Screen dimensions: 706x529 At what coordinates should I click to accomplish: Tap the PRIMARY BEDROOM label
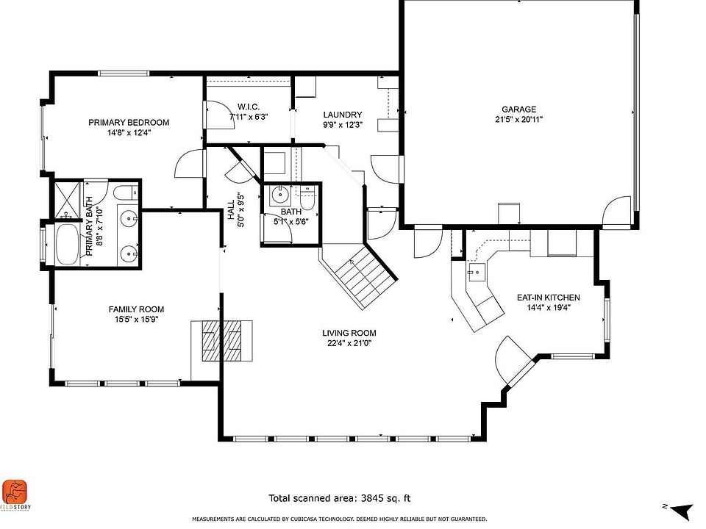tap(129, 123)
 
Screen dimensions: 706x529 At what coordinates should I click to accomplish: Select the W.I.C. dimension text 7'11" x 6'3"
tap(249, 117)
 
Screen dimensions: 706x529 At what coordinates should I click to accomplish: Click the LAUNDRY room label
tap(343, 115)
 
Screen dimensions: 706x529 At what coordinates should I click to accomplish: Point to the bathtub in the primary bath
tap(67, 245)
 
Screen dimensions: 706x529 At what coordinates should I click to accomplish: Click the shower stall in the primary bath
tap(68, 200)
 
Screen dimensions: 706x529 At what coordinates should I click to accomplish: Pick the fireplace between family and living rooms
tap(221, 340)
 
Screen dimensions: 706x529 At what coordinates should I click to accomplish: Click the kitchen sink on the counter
tap(477, 272)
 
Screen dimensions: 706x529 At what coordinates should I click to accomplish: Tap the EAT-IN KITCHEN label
tap(548, 298)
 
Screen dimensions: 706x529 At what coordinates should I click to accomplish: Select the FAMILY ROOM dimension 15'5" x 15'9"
tap(136, 320)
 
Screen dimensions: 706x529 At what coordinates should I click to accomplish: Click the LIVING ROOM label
tap(349, 333)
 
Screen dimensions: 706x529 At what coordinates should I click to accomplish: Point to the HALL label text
tap(231, 210)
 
